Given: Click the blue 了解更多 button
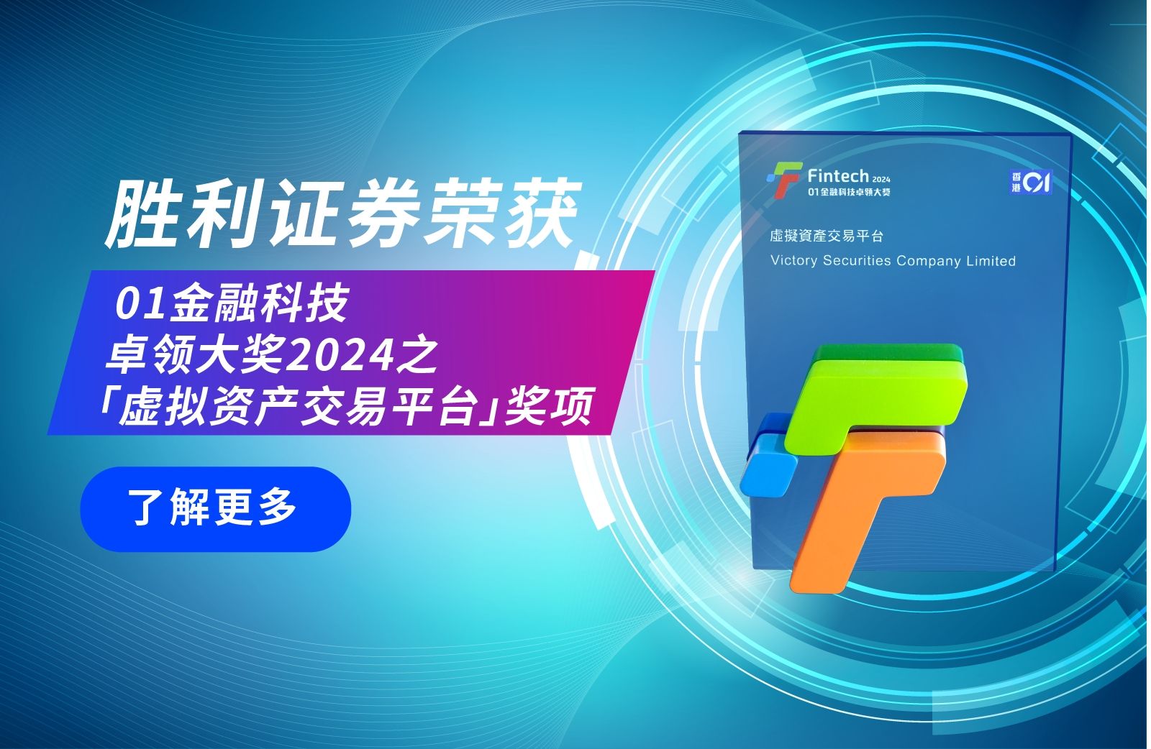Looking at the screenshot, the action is [215, 509].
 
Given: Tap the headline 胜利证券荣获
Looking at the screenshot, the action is [343, 213].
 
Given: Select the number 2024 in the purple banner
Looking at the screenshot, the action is [340, 356].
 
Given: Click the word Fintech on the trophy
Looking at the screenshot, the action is [837, 176].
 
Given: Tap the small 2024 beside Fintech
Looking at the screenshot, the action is [881, 180].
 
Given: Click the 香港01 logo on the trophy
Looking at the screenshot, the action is [1030, 182].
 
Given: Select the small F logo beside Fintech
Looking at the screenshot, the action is [783, 179].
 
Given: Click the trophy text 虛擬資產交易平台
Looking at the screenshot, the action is [827, 236].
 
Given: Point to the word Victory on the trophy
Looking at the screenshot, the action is [794, 261].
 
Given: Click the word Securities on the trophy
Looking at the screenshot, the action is [857, 261].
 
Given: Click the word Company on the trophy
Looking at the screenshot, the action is [929, 262].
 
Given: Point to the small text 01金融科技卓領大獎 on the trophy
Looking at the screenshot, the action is [849, 192].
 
